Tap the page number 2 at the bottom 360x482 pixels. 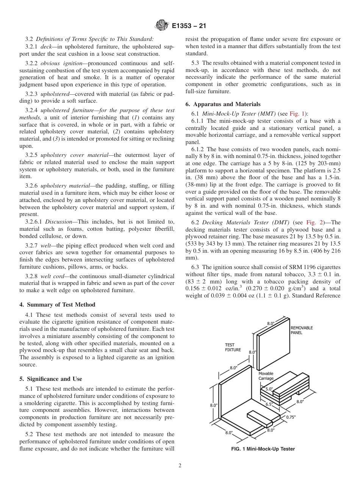180,466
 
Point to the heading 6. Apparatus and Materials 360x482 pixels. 223,104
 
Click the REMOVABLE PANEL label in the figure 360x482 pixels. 302,330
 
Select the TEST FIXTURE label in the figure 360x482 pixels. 233,347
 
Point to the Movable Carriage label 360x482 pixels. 266,376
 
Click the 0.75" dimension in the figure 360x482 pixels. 291,417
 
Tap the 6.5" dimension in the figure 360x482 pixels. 269,404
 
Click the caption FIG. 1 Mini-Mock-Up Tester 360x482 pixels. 263,449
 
